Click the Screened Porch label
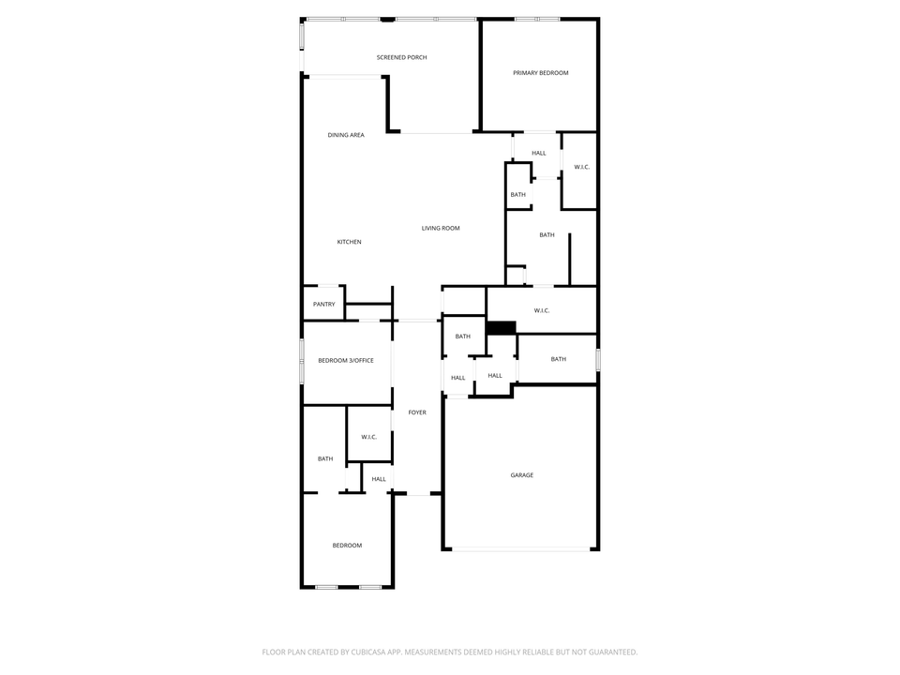point(401,58)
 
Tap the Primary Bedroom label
point(540,73)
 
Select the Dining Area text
point(346,135)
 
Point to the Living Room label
point(441,228)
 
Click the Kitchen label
point(349,242)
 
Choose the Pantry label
point(324,304)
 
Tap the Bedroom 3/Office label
point(346,360)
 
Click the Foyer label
point(417,412)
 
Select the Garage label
point(521,475)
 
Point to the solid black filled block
point(502,327)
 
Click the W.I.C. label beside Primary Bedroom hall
point(581,167)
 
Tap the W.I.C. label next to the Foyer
point(368,437)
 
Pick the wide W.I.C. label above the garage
point(541,310)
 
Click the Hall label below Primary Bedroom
point(538,153)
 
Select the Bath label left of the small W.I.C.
point(325,458)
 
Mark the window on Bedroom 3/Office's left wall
point(302,361)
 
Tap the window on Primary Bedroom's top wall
point(537,19)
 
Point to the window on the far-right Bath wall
point(597,359)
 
